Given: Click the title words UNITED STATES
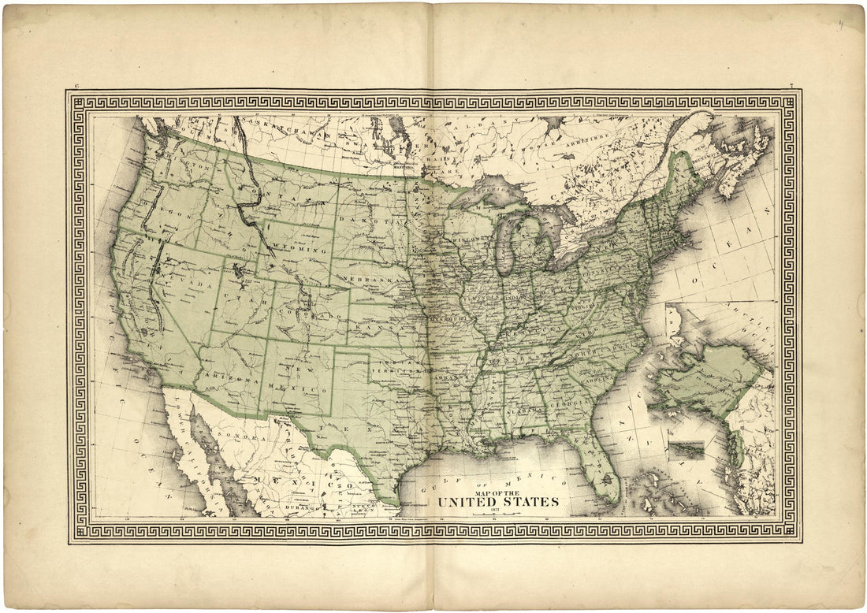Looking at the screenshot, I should [x=498, y=501].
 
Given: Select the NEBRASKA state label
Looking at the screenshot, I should [x=372, y=280].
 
